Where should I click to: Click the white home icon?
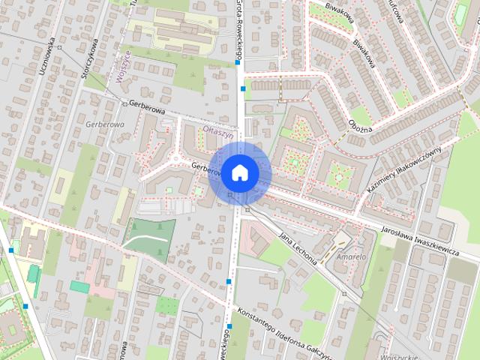tap(238, 172)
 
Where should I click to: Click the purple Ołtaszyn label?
tap(219, 128)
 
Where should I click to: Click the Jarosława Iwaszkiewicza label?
tap(419, 242)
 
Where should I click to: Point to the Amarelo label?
tap(351, 256)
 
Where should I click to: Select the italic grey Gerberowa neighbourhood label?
tap(105, 123)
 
